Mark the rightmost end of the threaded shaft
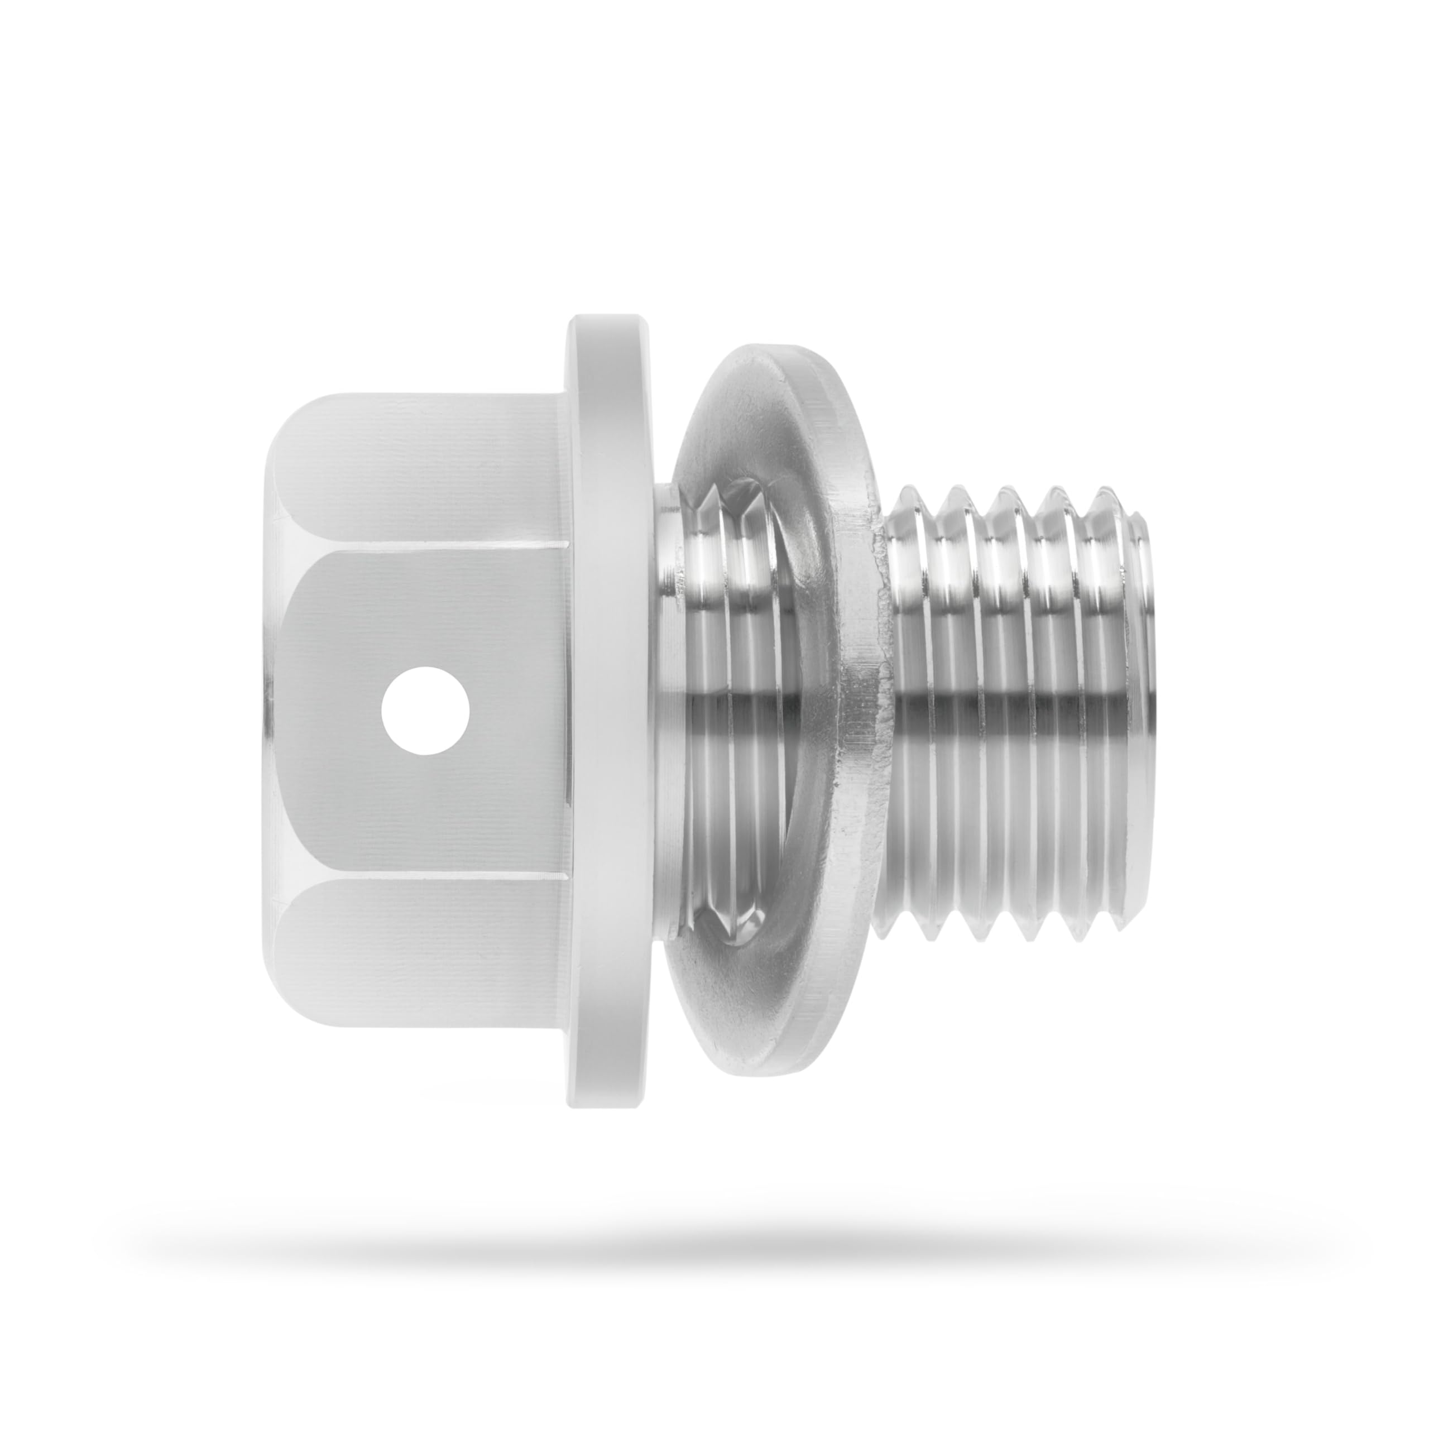pyautogui.click(x=1147, y=710)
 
